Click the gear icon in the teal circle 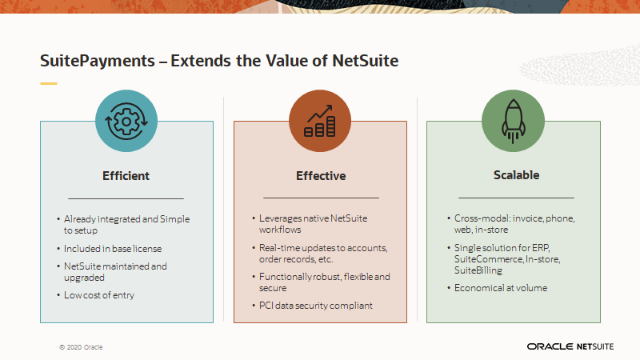tap(126, 122)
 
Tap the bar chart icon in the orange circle tap(320, 121)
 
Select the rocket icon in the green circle tap(513, 122)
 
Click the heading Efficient tap(126, 176)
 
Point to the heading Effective tap(321, 176)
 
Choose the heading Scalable tap(516, 175)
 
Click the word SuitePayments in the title tap(98, 61)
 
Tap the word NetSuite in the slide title tap(366, 61)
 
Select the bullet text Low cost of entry tap(99, 295)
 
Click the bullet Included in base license tap(113, 249)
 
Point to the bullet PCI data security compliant tap(315, 306)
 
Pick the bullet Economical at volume tap(501, 288)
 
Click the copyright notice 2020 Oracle tap(81, 347)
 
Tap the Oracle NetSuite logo tap(570, 346)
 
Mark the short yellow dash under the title tap(49, 83)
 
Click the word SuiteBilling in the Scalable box tap(478, 270)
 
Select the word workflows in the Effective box tap(280, 230)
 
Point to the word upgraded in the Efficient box tap(84, 278)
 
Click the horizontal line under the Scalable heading tap(516, 198)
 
